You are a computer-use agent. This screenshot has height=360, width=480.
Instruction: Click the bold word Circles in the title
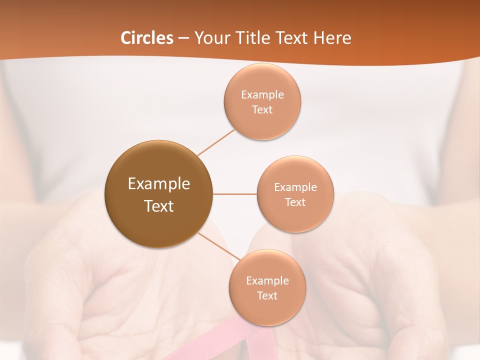[x=147, y=38]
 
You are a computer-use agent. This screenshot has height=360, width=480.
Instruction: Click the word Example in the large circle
[x=158, y=184]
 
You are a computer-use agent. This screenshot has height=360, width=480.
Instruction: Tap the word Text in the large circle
[x=158, y=206]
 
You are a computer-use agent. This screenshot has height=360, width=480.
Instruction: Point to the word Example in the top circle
[x=262, y=94]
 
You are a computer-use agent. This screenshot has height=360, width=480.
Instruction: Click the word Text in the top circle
[x=262, y=109]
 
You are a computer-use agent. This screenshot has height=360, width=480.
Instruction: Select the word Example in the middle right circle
[x=295, y=187]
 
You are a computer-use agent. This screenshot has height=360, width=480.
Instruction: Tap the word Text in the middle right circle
[x=295, y=202]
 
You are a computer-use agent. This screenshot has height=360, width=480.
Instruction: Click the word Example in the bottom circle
[x=267, y=280]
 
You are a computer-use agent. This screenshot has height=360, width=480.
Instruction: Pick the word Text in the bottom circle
[x=267, y=295]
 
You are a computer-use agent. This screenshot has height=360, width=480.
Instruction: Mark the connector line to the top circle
[x=216, y=142]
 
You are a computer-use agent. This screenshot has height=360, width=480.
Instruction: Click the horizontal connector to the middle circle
[x=235, y=194]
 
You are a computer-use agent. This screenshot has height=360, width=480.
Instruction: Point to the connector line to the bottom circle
[x=219, y=246]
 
